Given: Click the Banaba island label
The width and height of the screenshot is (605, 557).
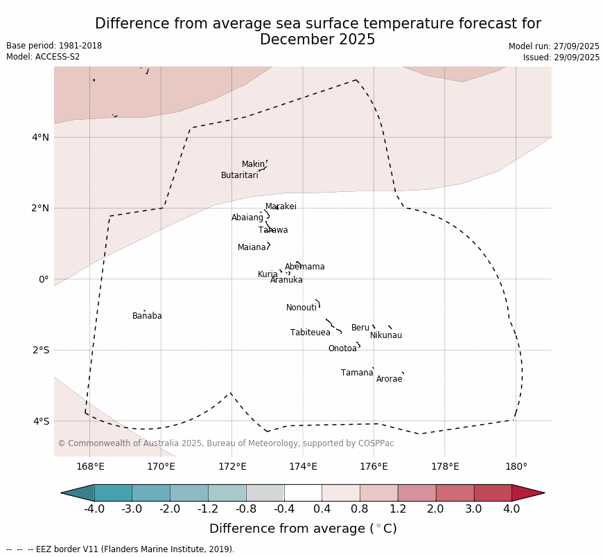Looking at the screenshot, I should pos(147,316).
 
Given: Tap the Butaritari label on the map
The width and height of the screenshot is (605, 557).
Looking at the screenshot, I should pos(239,175).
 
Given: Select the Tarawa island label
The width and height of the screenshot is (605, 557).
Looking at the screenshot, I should pos(273,230).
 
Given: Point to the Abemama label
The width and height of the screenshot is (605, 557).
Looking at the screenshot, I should pos(304,267).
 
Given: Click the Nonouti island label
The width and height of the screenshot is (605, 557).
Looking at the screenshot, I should pos(301,308).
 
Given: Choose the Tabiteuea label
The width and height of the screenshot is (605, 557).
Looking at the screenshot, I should pos(310,333).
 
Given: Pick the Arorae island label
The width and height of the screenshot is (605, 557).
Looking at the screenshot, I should pos(389,379).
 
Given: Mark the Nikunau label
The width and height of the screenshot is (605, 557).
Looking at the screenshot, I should pos(385,335).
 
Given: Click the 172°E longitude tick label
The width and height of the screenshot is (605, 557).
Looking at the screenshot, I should pos(232,466).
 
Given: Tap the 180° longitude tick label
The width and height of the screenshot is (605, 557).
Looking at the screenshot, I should pos(516,466).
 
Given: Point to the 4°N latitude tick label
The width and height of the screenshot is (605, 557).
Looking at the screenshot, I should pos(40,137).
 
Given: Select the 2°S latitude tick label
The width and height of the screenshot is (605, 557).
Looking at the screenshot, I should pos(40,350).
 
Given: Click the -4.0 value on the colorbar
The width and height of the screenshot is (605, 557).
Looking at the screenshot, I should pos(94,509).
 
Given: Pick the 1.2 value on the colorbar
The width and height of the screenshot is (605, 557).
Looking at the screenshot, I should pos(398,509).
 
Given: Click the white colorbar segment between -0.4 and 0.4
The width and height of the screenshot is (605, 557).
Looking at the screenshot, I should pos(303,493).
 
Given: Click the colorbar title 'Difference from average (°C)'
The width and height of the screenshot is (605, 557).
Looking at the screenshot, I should pos(303,529).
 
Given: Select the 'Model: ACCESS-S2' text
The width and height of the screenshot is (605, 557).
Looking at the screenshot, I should pos(43,57).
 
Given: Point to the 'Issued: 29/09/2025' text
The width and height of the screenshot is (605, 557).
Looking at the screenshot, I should pos(561,58).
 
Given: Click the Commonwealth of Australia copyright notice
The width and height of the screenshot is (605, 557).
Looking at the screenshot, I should pos(226,443).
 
